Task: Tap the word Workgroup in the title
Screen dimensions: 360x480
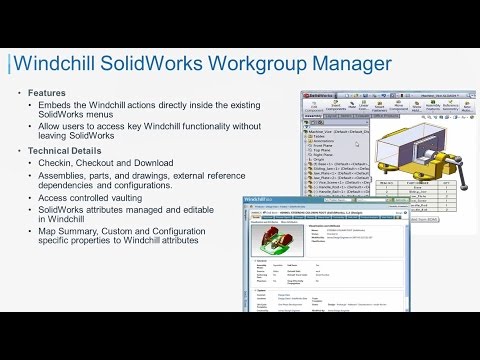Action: (248, 64)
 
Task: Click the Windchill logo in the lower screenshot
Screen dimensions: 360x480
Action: (269, 204)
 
